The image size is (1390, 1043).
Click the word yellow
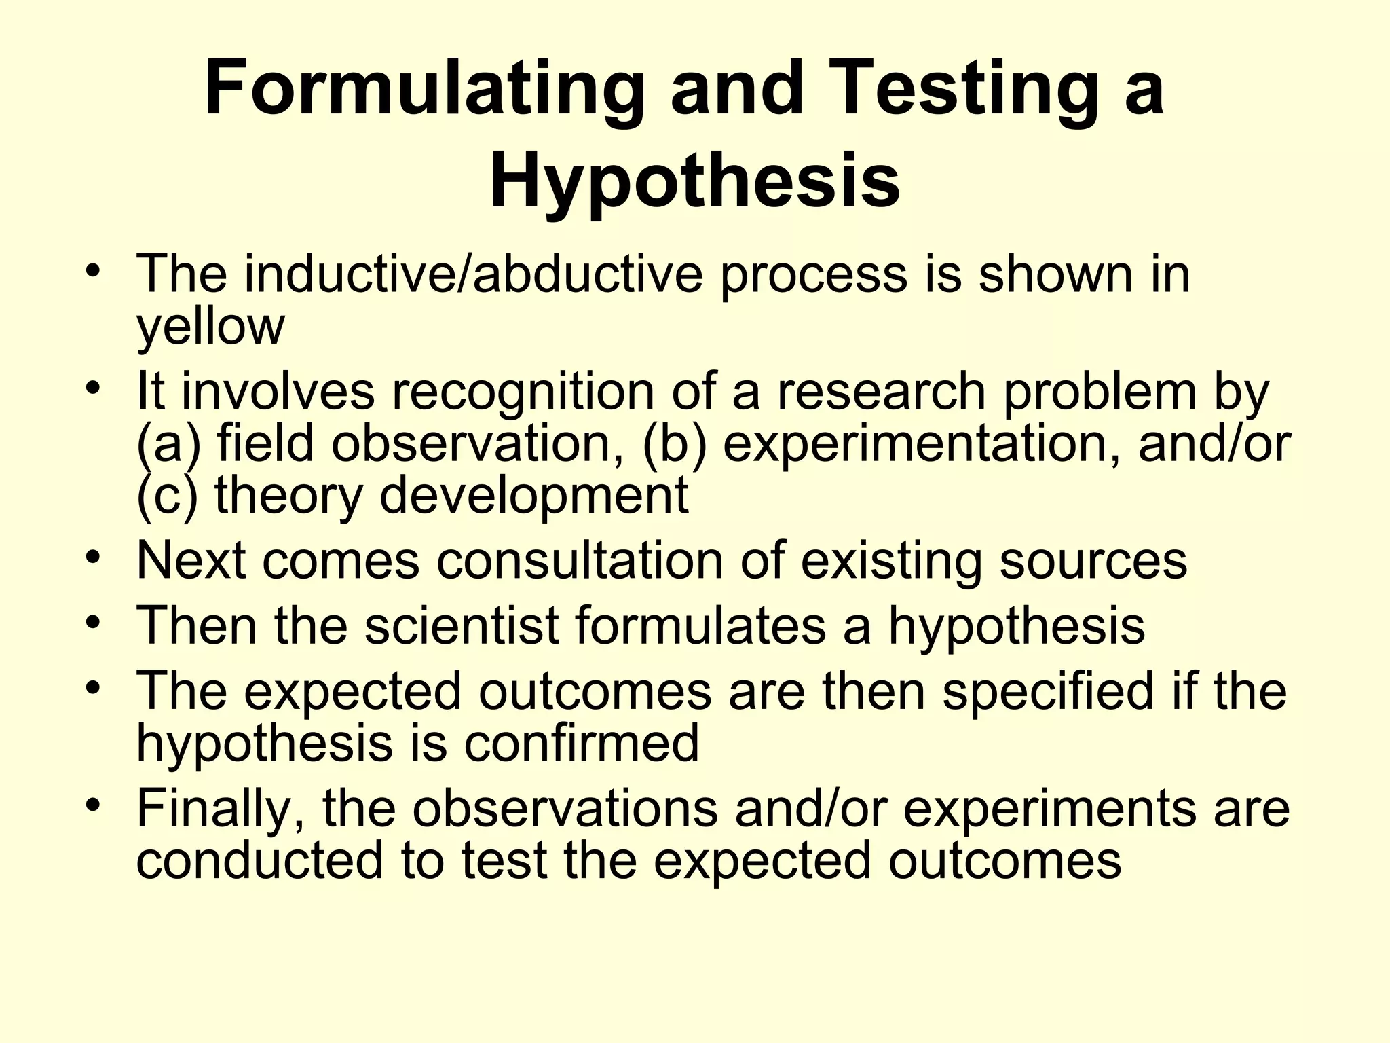[210, 327]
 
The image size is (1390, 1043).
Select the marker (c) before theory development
[167, 496]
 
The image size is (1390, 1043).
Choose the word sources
[1093, 561]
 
